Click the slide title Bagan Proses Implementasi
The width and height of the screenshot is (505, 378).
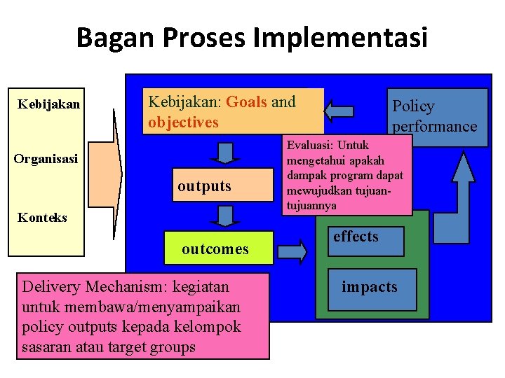pos(252,37)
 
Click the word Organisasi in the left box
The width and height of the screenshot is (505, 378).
pos(46,159)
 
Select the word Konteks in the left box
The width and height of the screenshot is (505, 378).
pos(42,218)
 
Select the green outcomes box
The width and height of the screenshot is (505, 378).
pos(215,248)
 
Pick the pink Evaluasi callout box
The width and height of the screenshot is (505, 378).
pos(346,175)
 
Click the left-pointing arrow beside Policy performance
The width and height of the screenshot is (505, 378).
pos(340,111)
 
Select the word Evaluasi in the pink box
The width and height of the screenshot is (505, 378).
pos(309,146)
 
